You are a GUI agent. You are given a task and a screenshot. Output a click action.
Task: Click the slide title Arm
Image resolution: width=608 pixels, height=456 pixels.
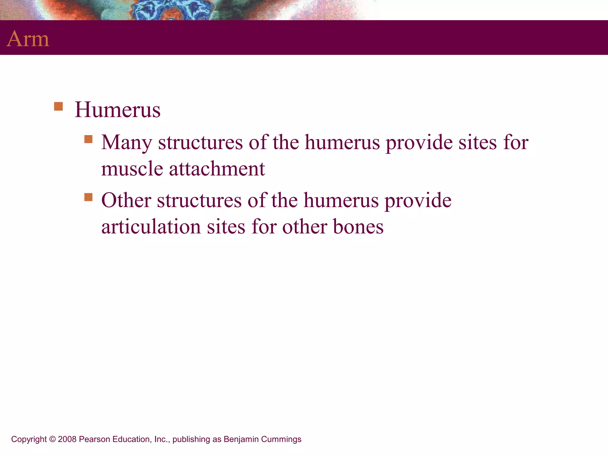pyautogui.click(x=28, y=39)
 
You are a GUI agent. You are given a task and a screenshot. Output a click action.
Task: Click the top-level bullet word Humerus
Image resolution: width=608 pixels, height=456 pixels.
pyautogui.click(x=117, y=110)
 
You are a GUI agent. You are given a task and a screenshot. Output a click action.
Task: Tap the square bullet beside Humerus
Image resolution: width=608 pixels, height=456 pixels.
pyautogui.click(x=58, y=106)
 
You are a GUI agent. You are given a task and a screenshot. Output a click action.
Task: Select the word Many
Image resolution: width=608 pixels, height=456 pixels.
pyautogui.click(x=126, y=142)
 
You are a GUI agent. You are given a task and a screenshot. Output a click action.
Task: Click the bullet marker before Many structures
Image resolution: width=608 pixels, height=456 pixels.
pyautogui.click(x=88, y=139)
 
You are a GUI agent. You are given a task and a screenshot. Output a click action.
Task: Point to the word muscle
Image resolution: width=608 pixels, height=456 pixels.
pyautogui.click(x=132, y=169)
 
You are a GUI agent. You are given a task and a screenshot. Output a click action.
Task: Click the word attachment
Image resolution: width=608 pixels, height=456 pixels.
pyautogui.click(x=217, y=169)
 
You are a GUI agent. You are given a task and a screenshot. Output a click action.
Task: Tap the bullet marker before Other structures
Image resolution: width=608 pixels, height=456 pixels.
pyautogui.click(x=88, y=197)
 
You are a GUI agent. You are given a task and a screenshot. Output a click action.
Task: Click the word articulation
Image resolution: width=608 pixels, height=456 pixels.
pyautogui.click(x=151, y=227)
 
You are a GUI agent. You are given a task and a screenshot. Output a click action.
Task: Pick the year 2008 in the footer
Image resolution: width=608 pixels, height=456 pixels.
pyautogui.click(x=67, y=439)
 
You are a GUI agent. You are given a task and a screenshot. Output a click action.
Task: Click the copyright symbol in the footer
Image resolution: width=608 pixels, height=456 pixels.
pyautogui.click(x=52, y=439)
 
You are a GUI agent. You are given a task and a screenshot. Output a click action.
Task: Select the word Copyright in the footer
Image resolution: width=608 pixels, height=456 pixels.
pyautogui.click(x=29, y=439)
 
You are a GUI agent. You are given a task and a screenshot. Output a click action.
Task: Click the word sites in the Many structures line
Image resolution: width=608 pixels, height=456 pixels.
pyautogui.click(x=477, y=142)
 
